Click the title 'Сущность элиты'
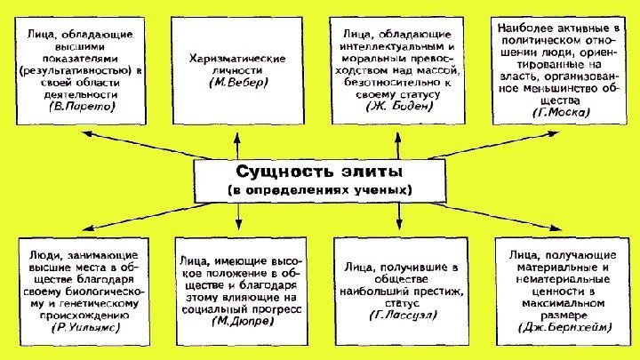pyautogui.click(x=321, y=169)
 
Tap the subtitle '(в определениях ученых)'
pyautogui.click(x=321, y=190)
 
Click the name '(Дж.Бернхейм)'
pyautogui.click(x=557, y=327)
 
